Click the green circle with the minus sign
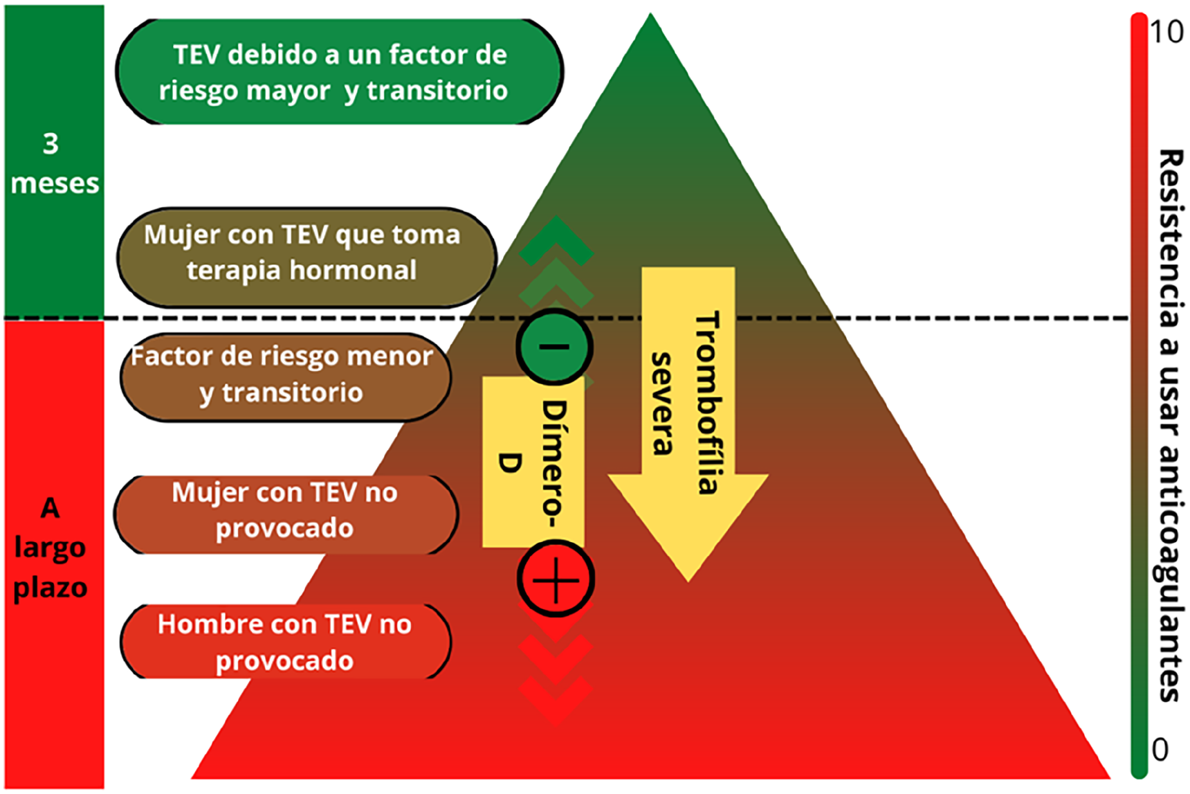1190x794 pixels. [554, 347]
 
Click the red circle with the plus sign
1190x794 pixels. [556, 579]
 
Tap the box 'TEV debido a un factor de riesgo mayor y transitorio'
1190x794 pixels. [339, 72]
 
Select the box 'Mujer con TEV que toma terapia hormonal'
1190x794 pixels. [306, 257]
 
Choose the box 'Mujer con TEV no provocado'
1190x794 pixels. [286, 514]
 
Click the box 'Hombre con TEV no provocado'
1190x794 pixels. [286, 641]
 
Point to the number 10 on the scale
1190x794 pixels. [1166, 32]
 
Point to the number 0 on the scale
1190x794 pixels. [1160, 749]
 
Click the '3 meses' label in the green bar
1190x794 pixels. [54, 163]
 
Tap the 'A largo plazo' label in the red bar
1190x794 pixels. [51, 548]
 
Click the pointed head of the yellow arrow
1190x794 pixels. [688, 580]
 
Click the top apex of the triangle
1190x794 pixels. [650, 13]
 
